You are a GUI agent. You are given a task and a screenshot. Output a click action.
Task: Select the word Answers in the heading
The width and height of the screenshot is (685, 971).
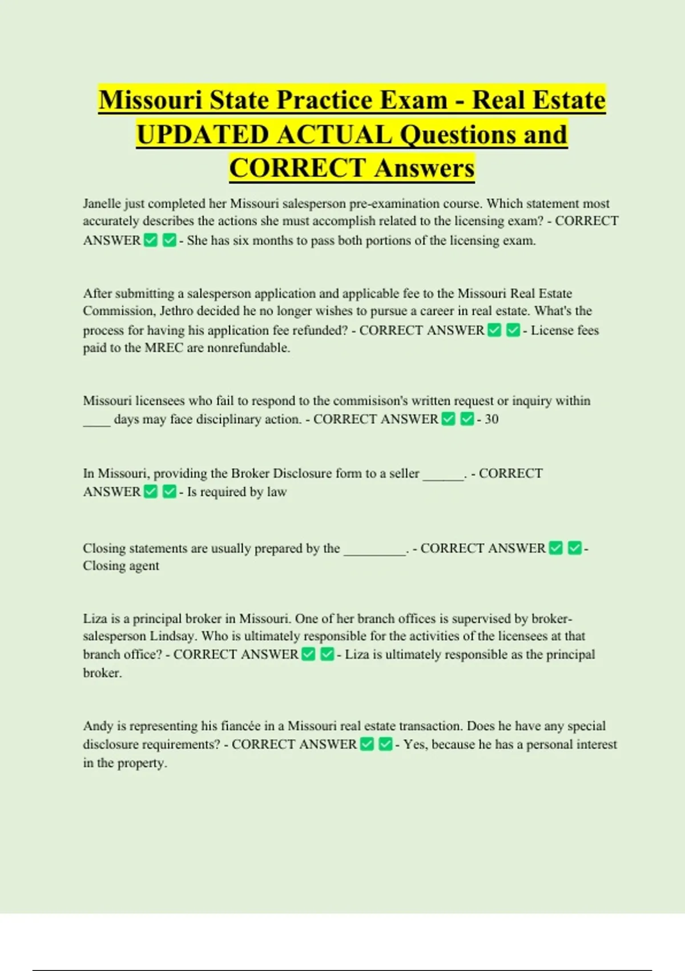pyautogui.click(x=424, y=168)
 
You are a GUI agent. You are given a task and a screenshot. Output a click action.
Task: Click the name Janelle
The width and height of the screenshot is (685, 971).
pyautogui.click(x=102, y=204)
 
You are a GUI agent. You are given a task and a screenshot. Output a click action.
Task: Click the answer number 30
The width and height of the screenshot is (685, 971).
pyautogui.click(x=491, y=419)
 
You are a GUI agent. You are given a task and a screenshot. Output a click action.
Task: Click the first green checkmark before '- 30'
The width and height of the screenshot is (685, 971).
pyautogui.click(x=449, y=419)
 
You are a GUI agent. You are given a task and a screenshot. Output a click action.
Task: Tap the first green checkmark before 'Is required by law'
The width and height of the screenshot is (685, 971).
pyautogui.click(x=151, y=492)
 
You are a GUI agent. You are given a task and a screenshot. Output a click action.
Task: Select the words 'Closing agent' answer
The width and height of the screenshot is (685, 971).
pyautogui.click(x=121, y=566)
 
